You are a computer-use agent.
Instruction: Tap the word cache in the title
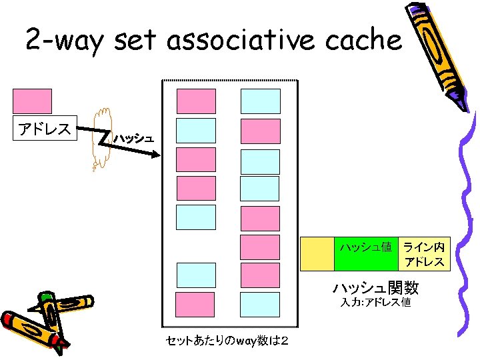(x=367, y=41)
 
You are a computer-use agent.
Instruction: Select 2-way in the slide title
(x=65, y=41)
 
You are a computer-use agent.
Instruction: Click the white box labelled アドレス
(x=45, y=129)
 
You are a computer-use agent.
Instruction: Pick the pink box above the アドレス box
(x=32, y=101)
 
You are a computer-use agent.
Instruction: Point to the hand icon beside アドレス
(x=102, y=137)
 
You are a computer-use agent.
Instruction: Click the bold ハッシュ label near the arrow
(x=133, y=139)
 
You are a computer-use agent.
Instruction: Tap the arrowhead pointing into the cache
(x=156, y=155)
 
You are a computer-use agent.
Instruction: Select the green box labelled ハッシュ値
(x=365, y=253)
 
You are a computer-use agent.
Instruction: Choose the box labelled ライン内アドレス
(x=424, y=253)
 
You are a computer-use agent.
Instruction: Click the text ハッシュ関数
(x=375, y=288)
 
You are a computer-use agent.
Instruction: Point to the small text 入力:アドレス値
(x=375, y=303)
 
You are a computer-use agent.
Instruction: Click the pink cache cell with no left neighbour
(x=259, y=246)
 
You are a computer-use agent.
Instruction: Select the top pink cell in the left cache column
(x=195, y=101)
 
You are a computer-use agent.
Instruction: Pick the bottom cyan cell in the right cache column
(x=259, y=304)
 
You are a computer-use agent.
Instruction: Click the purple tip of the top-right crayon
(x=458, y=100)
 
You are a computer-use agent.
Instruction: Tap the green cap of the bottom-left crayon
(x=47, y=297)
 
